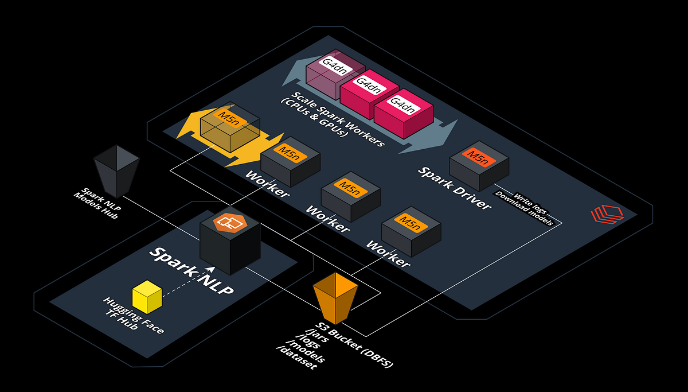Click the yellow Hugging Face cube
coord(147,297)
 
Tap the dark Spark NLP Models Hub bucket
coord(116,171)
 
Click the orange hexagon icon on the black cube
coord(230,223)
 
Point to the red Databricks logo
coord(607,214)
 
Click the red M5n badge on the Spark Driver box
coord(479,157)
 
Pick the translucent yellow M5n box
coord(230,127)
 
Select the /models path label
coord(305,351)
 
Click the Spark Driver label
coord(455,188)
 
